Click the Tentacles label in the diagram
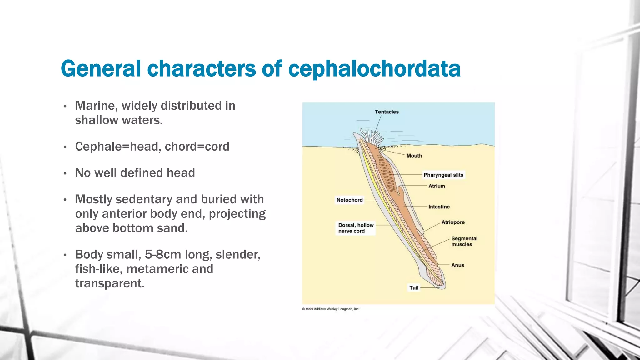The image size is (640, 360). (387, 112)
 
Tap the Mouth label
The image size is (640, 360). (414, 156)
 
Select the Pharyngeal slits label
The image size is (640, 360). (443, 175)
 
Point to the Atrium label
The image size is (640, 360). (437, 186)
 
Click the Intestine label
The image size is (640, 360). (439, 207)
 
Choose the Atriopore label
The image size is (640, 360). (453, 222)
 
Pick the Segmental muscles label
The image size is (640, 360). (464, 241)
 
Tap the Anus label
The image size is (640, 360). (457, 265)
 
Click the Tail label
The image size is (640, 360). (414, 288)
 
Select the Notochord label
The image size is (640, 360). (349, 200)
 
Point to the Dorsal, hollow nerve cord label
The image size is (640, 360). (356, 228)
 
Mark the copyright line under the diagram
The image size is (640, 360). (331, 309)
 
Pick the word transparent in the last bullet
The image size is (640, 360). (110, 283)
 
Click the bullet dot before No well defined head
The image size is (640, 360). (65, 173)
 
